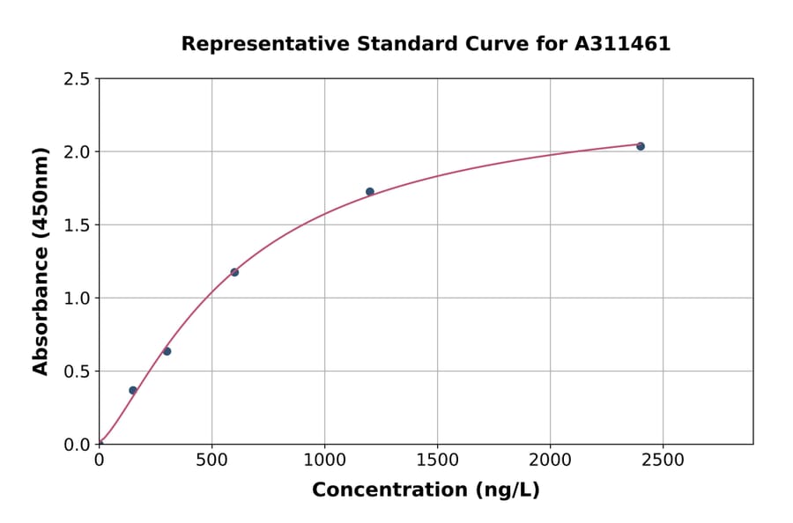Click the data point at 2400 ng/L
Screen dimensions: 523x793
click(x=641, y=146)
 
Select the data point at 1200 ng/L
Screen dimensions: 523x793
click(x=370, y=192)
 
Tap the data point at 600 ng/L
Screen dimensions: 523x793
click(x=234, y=272)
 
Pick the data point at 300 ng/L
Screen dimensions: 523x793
click(x=167, y=351)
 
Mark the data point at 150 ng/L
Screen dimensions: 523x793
click(x=133, y=390)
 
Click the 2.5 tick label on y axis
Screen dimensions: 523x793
click(x=78, y=79)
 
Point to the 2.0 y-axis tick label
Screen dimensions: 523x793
click(x=78, y=152)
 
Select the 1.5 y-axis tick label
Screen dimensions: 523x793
click(x=78, y=225)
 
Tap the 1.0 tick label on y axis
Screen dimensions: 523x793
click(x=78, y=298)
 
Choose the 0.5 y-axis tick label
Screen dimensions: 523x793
click(x=78, y=372)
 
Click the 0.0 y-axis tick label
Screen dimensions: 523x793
click(x=78, y=445)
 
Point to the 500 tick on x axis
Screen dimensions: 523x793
click(x=211, y=460)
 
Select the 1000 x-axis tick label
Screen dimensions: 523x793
click(x=324, y=460)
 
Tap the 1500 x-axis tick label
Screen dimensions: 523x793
click(x=437, y=460)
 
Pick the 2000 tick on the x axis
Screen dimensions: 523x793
click(x=550, y=460)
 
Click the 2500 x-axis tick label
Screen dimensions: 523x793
click(x=663, y=460)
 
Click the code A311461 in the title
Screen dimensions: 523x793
click(x=623, y=44)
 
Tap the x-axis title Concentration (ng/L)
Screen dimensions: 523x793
click(x=426, y=490)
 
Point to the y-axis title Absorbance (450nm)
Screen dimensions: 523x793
click(x=41, y=261)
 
